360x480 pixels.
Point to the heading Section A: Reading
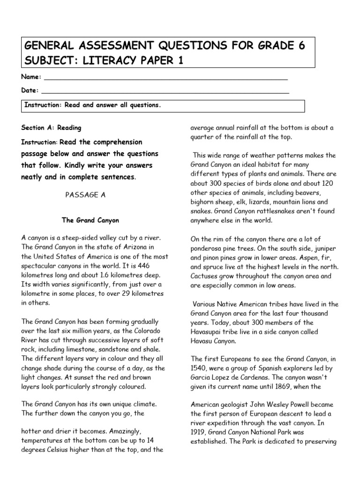coord(51,127)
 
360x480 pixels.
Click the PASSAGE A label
coord(86,195)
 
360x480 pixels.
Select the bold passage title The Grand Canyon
coord(90,220)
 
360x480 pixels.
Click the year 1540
coord(199,368)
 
